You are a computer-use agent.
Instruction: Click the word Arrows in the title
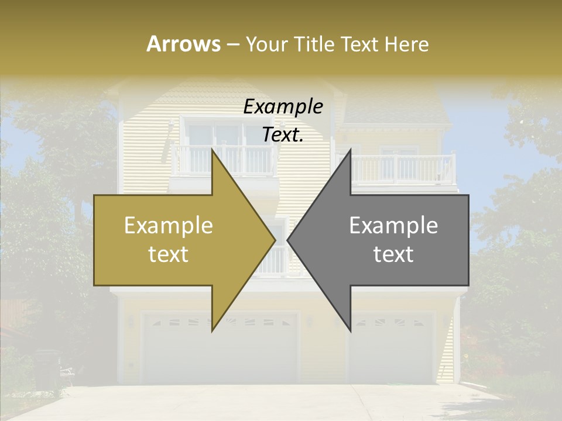point(183,44)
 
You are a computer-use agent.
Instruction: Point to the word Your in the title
point(266,44)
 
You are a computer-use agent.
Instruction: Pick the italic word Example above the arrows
point(283,107)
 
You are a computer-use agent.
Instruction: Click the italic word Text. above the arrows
point(283,135)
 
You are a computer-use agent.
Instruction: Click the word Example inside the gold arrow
point(169,226)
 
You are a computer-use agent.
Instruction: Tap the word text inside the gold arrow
point(169,254)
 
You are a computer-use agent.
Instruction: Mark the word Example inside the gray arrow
point(393,226)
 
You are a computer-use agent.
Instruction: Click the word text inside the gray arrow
point(393,254)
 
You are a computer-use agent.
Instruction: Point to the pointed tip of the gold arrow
point(273,240)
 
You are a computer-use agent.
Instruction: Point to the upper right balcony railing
point(404,169)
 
